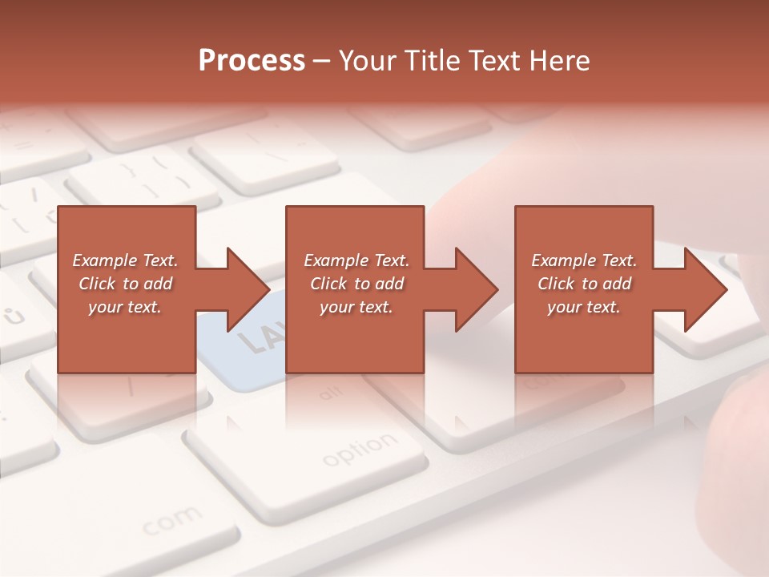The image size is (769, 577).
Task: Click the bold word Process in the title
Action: point(252,61)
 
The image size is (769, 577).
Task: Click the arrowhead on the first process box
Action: point(240,289)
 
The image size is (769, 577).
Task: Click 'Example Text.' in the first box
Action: point(126,260)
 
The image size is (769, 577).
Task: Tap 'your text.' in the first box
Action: point(126,307)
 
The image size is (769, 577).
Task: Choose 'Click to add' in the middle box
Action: point(356,284)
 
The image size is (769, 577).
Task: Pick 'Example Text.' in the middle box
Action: point(356,260)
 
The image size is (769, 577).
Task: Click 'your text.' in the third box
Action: point(584,307)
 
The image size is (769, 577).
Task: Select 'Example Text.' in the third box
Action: point(584,260)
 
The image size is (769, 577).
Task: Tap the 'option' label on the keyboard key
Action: point(360,449)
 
